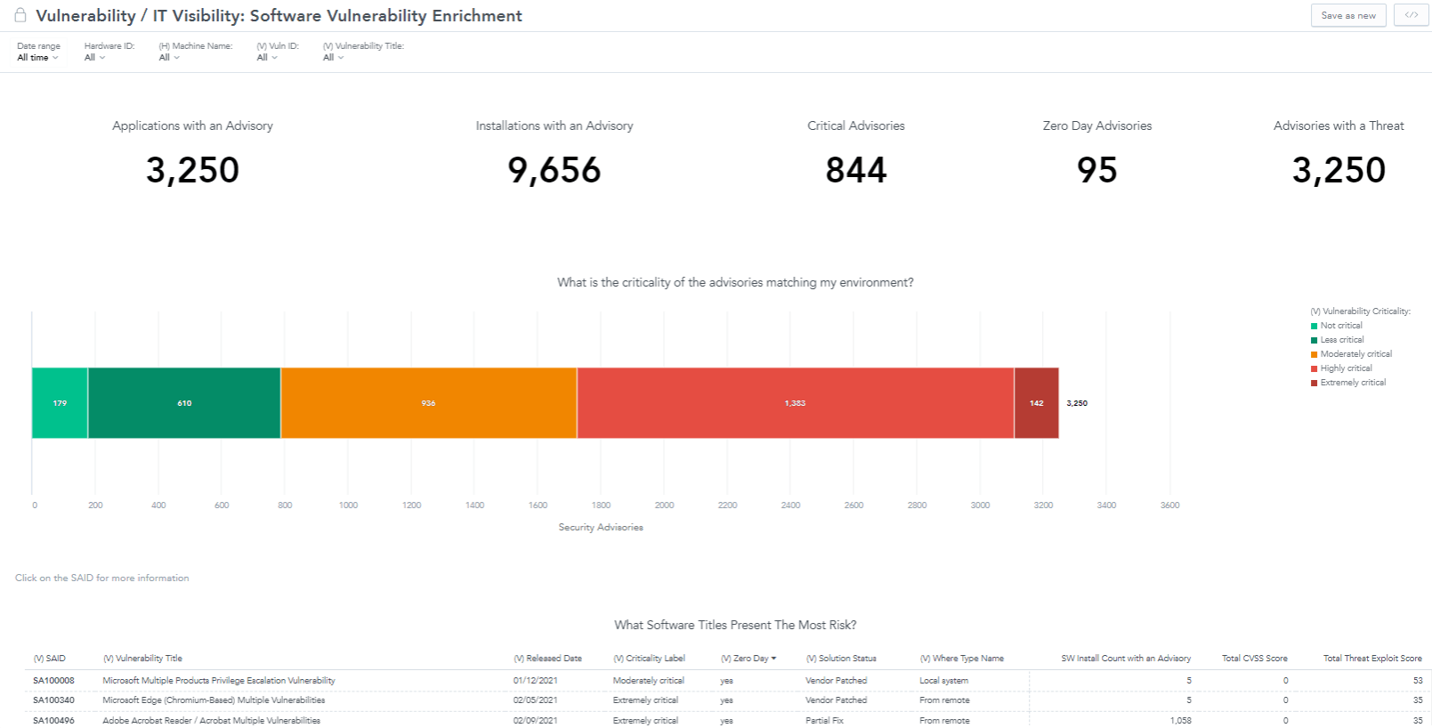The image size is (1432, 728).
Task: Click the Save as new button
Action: (x=1347, y=15)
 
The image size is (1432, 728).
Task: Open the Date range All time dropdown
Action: (x=37, y=58)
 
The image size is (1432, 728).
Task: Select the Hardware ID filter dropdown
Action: (x=94, y=58)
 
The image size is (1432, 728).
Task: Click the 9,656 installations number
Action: (x=554, y=170)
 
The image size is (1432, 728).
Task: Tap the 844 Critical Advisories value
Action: (x=855, y=170)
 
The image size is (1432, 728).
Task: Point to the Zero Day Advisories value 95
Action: (x=1096, y=170)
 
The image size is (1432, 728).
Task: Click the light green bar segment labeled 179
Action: (x=60, y=403)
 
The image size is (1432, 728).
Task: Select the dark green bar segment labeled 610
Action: (x=184, y=403)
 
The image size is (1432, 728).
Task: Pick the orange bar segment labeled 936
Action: (x=428, y=403)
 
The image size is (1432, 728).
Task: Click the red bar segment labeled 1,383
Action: (x=795, y=403)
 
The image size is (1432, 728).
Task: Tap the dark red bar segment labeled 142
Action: (x=1036, y=403)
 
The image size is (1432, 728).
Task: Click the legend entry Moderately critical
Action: (x=1355, y=354)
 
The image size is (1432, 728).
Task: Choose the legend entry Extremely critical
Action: (x=1353, y=383)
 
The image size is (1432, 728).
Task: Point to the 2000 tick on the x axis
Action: (x=664, y=506)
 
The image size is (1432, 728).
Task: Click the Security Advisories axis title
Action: (x=601, y=528)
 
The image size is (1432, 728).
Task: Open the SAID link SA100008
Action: (x=53, y=681)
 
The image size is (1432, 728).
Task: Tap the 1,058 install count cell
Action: (x=1180, y=721)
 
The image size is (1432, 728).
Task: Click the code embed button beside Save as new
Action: (x=1411, y=15)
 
